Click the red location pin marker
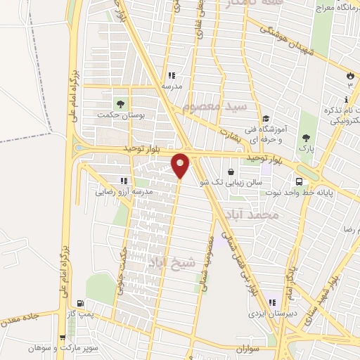point(181,165)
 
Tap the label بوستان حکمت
point(122,117)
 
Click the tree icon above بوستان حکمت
point(120,104)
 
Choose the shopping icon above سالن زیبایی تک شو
point(231,171)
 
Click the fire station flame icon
point(350,75)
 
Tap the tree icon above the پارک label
point(305,138)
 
